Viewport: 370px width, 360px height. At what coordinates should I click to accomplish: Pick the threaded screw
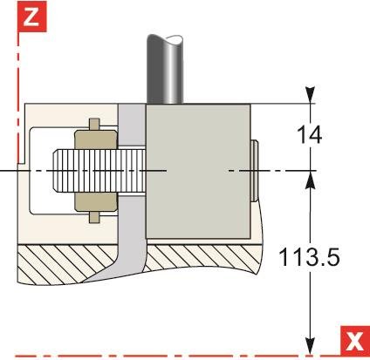click(92, 171)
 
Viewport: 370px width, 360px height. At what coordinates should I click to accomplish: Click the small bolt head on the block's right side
click(254, 171)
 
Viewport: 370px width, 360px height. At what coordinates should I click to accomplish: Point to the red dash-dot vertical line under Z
click(17, 87)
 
